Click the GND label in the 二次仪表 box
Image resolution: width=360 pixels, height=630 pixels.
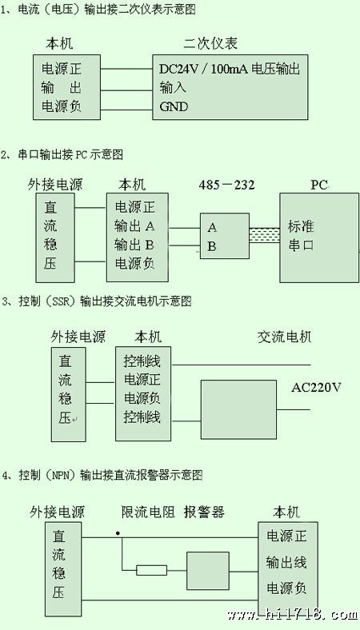coord(174,106)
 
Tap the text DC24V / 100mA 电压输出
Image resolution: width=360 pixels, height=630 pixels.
coord(230,69)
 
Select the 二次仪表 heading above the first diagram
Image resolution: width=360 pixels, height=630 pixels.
coord(210,43)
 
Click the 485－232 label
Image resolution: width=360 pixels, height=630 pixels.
coord(226,185)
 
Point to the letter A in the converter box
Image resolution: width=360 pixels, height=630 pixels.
coord(212,228)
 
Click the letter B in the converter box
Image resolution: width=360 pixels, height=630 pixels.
coord(211,246)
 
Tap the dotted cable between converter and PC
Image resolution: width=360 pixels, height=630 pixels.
coord(264,234)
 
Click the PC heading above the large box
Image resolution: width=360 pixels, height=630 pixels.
coord(319,185)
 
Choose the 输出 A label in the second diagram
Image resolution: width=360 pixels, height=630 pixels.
coord(134,226)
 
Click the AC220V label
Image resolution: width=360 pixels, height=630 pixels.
coord(316,388)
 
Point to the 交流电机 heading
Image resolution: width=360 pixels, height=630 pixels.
coord(284,337)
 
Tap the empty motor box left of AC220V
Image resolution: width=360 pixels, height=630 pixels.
coord(238,409)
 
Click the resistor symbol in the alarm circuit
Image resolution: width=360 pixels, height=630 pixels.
coord(151,570)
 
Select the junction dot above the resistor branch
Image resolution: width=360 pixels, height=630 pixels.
coord(118,533)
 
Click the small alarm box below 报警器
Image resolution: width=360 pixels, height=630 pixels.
coord(207,571)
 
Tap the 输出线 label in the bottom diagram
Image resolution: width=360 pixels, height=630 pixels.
coord(286,563)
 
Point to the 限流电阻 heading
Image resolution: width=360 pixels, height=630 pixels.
coord(149,512)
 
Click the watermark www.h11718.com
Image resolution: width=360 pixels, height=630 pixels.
coord(293,614)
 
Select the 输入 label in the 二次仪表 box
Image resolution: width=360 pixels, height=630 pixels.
coord(173,87)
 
